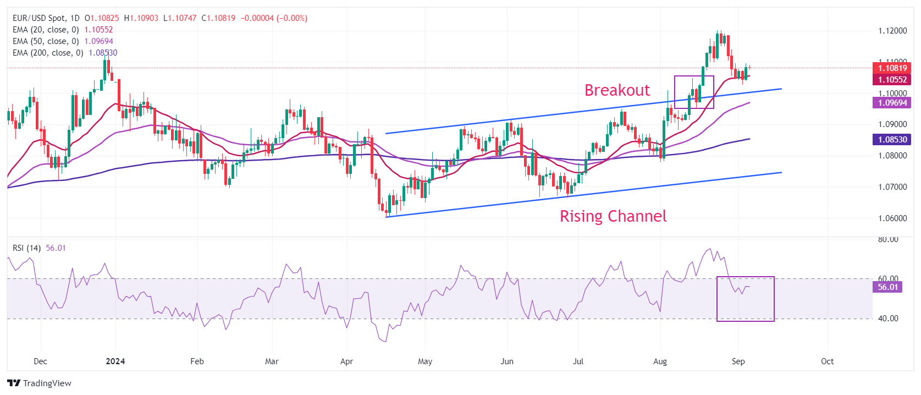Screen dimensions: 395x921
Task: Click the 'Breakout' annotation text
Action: [x=617, y=90]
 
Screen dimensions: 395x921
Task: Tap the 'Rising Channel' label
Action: [x=613, y=216]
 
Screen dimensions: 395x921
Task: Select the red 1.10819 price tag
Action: [x=892, y=68]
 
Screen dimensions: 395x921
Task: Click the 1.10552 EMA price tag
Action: [x=892, y=79]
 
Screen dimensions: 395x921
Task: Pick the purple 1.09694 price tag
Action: [x=892, y=103]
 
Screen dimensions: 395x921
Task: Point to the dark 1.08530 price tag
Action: [x=892, y=140]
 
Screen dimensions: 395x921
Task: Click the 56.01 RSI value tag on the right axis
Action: [x=887, y=287]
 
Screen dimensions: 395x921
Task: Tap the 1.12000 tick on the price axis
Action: [x=892, y=31]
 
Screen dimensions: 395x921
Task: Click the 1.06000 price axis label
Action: [x=892, y=218]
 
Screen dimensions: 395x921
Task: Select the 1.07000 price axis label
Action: [x=892, y=187]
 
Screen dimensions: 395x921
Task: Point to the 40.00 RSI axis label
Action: [x=887, y=319]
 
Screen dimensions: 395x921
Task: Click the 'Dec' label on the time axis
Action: [x=40, y=361]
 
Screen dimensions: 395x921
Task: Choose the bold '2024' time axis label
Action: [x=115, y=361]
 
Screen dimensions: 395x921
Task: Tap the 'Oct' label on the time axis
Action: [x=827, y=361]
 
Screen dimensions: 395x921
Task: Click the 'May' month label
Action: [x=425, y=361]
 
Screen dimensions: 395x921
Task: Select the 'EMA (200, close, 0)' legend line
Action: [x=48, y=53]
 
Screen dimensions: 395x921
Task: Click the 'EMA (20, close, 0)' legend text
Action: [x=46, y=30]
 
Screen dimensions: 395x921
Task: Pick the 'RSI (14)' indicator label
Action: [x=26, y=248]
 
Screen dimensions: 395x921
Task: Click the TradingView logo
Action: [x=40, y=383]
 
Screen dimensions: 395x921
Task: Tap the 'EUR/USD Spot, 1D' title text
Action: [x=46, y=18]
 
